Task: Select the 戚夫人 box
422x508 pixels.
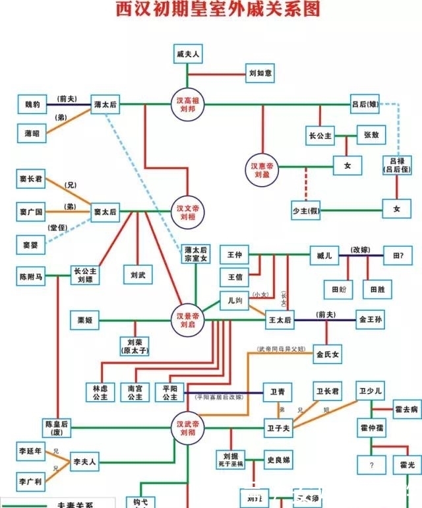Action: point(187,53)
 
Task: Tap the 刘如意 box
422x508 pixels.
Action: point(259,73)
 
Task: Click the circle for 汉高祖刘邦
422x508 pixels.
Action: point(188,104)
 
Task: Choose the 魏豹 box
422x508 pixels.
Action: point(32,104)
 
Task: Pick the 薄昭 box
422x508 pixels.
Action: point(32,133)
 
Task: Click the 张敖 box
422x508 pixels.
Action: point(371,135)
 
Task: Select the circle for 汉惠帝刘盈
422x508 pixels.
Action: point(264,168)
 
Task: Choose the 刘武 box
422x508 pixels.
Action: point(138,274)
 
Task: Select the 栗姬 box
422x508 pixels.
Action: point(85,321)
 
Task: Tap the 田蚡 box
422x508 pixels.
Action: point(338,289)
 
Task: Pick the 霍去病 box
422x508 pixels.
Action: point(407,409)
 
